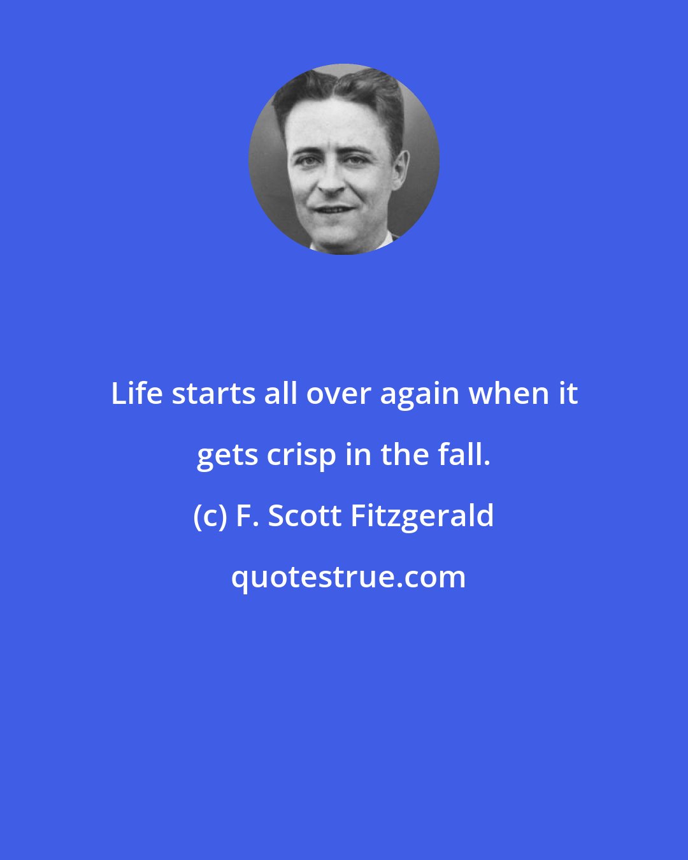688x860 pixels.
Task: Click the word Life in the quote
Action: [x=137, y=394]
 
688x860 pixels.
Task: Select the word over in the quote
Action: [x=338, y=394]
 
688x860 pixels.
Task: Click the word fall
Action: [x=468, y=455]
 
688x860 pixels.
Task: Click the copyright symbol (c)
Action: [x=208, y=516]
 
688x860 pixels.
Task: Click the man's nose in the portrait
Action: [x=331, y=182]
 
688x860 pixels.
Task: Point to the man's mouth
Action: [x=334, y=209]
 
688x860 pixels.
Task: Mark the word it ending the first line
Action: [x=568, y=394]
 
